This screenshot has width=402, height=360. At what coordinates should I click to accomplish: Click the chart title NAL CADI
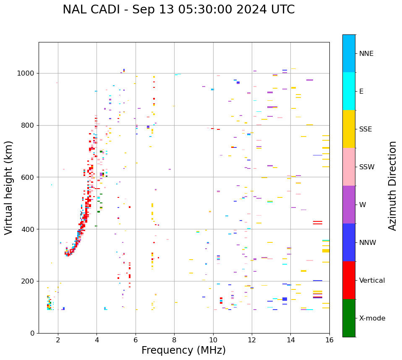click(x=178, y=10)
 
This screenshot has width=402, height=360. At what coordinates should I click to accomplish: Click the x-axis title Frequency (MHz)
click(x=183, y=350)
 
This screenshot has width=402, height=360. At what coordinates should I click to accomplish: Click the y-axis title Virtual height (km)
click(x=9, y=188)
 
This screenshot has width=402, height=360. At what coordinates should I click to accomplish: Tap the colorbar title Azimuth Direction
click(x=392, y=186)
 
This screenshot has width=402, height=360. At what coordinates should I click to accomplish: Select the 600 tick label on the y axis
click(x=28, y=177)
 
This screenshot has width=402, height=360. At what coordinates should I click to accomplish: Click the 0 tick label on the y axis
click(x=32, y=333)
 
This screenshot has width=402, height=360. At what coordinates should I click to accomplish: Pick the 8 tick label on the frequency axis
click(x=174, y=340)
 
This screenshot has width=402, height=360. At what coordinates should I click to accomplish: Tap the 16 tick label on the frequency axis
click(x=329, y=340)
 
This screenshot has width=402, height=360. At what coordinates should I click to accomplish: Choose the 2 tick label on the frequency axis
click(x=58, y=340)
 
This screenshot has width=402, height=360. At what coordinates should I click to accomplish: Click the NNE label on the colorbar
click(x=366, y=54)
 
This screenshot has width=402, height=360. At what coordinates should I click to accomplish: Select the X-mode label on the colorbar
click(x=372, y=318)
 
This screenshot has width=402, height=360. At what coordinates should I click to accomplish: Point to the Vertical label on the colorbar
click(x=372, y=281)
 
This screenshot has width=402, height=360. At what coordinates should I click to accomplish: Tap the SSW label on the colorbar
click(x=367, y=167)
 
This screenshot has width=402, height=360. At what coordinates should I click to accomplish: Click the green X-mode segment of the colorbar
click(x=349, y=318)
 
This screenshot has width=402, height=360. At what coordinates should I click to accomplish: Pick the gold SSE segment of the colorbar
click(x=349, y=129)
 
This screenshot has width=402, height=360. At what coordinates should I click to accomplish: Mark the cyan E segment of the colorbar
click(x=349, y=91)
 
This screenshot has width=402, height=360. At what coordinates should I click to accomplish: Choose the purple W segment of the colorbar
click(x=349, y=205)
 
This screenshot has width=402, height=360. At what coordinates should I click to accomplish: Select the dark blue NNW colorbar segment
click(x=349, y=242)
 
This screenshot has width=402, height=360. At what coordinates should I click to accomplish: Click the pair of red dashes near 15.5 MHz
click(x=318, y=223)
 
